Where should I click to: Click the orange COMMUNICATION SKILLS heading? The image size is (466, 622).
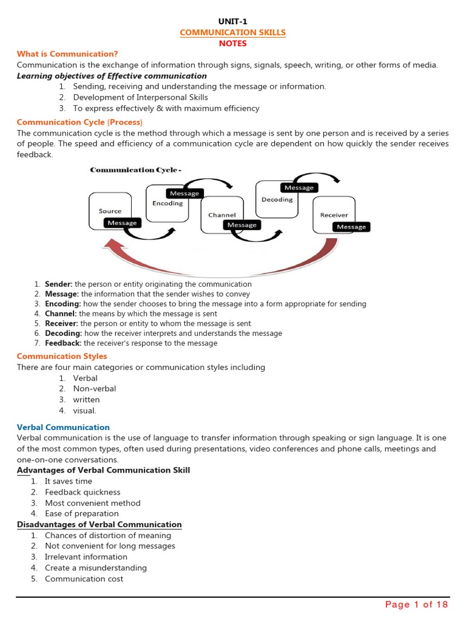pos(233,32)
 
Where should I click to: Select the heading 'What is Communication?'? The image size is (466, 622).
pos(67,54)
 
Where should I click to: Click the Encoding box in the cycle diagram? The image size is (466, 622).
pos(167,203)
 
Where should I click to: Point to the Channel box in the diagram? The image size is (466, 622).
pos(221,215)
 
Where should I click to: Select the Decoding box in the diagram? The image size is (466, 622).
pos(277,199)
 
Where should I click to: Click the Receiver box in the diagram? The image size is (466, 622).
pos(334,215)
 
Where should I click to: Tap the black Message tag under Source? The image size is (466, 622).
pos(122,223)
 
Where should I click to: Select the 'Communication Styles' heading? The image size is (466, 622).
pos(62,356)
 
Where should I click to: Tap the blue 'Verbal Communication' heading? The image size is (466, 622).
pos(63,428)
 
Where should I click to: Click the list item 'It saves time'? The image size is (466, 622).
pos(69,481)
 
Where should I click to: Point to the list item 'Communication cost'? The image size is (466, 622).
pos(84,579)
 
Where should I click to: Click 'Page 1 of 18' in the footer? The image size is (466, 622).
pos(416,604)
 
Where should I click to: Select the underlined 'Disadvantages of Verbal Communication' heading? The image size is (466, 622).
pos(99,524)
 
